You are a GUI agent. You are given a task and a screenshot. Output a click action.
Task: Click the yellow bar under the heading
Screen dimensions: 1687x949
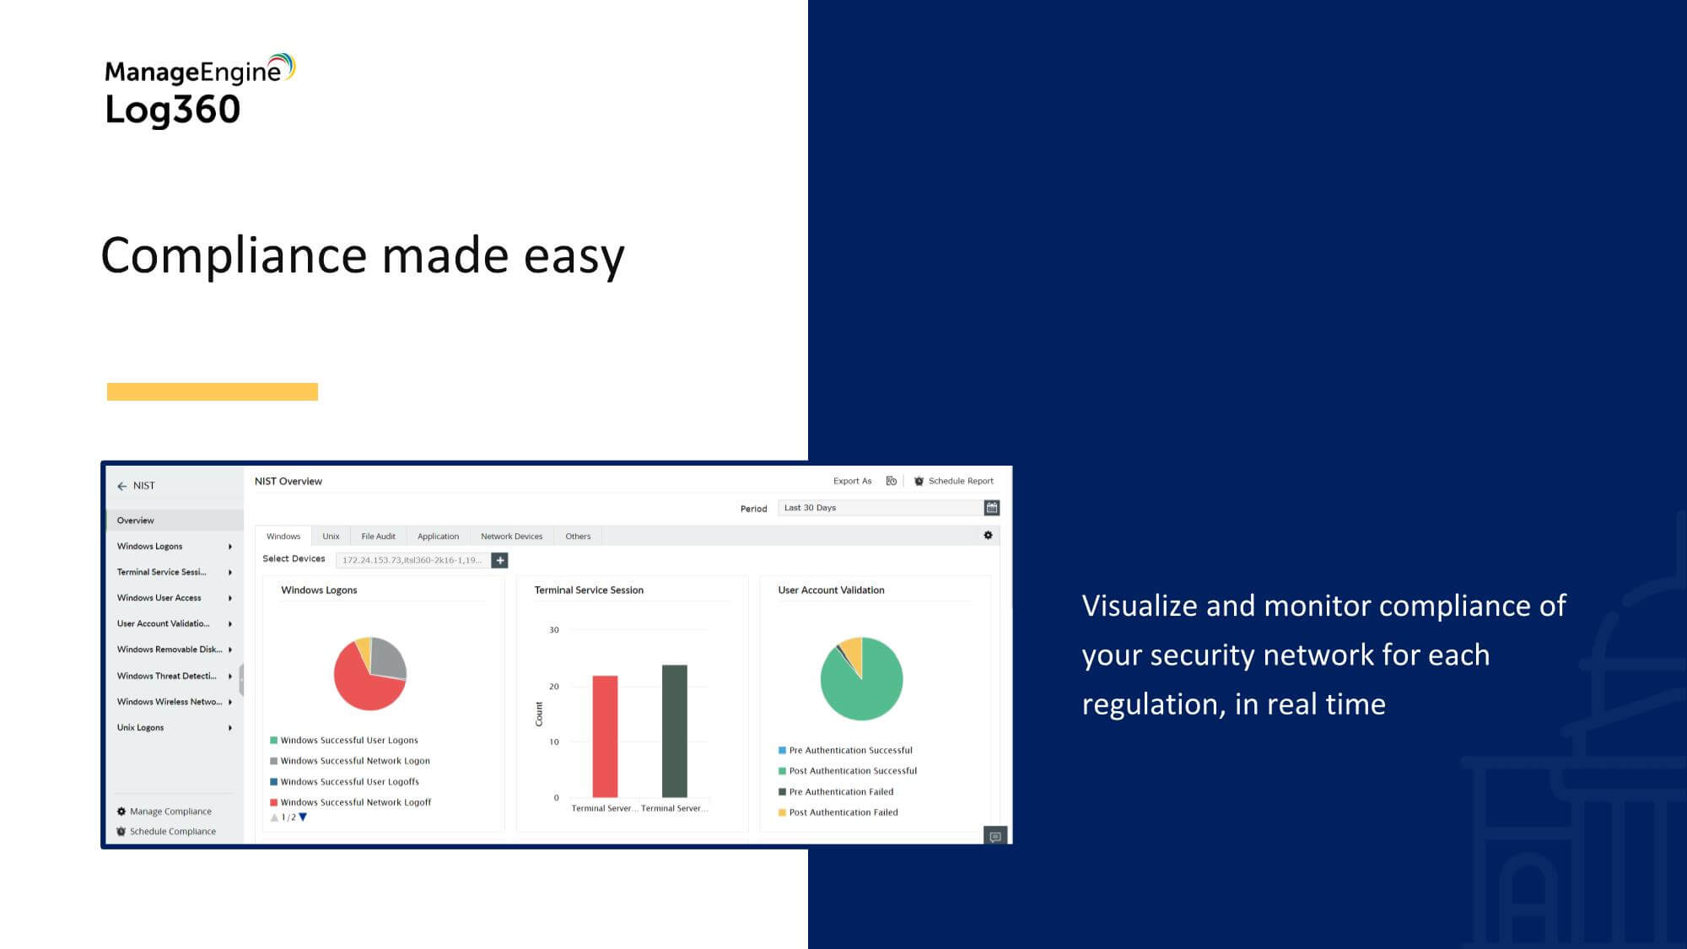(213, 391)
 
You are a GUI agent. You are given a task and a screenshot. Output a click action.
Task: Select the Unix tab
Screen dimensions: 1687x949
(331, 537)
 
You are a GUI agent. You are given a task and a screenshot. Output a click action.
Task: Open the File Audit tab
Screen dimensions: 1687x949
(378, 537)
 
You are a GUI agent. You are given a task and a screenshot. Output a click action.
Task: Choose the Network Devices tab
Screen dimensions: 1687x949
(512, 537)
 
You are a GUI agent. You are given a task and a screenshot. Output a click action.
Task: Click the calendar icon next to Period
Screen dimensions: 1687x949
(992, 508)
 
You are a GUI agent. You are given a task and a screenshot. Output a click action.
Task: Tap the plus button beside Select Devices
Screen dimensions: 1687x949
(499, 560)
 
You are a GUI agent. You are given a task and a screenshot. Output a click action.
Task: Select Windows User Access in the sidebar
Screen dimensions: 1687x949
(159, 598)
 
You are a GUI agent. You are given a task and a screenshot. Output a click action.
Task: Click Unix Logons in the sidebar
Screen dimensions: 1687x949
(140, 727)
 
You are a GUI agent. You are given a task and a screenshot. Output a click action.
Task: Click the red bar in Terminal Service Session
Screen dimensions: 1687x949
(605, 736)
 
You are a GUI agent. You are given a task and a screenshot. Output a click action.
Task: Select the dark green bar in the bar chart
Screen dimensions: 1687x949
(675, 731)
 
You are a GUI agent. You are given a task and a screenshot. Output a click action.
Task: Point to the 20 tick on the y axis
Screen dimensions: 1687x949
(554, 687)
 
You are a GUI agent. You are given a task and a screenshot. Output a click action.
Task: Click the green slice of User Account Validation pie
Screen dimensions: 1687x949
(862, 687)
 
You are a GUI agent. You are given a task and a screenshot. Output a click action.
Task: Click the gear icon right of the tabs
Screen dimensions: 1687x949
(989, 536)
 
